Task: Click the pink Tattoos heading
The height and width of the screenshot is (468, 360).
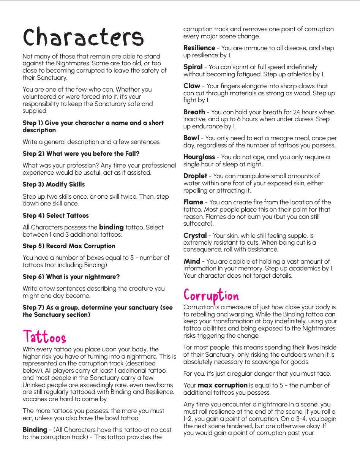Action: coord(44,337)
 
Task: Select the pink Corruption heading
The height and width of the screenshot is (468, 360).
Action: coord(211,296)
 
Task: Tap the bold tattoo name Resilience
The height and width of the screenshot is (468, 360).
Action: coord(199,48)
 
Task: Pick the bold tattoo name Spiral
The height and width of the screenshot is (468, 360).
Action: coord(193,67)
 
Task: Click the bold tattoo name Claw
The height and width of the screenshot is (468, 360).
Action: coord(192,86)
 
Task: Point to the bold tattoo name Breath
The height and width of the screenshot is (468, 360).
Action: coord(194,112)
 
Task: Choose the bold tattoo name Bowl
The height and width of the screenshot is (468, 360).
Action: coord(191,138)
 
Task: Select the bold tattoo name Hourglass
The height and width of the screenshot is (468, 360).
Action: coord(199,157)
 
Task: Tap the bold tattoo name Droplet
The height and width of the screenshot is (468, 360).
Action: coord(195,176)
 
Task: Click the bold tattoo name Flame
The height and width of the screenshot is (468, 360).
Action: coord(193,202)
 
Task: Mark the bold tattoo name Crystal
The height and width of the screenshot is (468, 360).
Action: coord(195,236)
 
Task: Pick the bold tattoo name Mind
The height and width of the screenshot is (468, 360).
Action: coord(192,262)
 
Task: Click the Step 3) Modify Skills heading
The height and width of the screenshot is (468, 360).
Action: coord(54,185)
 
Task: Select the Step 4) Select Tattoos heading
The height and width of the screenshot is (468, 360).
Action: coord(55,216)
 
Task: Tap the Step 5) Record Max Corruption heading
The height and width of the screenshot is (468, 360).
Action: coord(69,246)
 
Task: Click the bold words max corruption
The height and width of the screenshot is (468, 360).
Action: coord(223,386)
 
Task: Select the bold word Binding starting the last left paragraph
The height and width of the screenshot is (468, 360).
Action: coord(35,430)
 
